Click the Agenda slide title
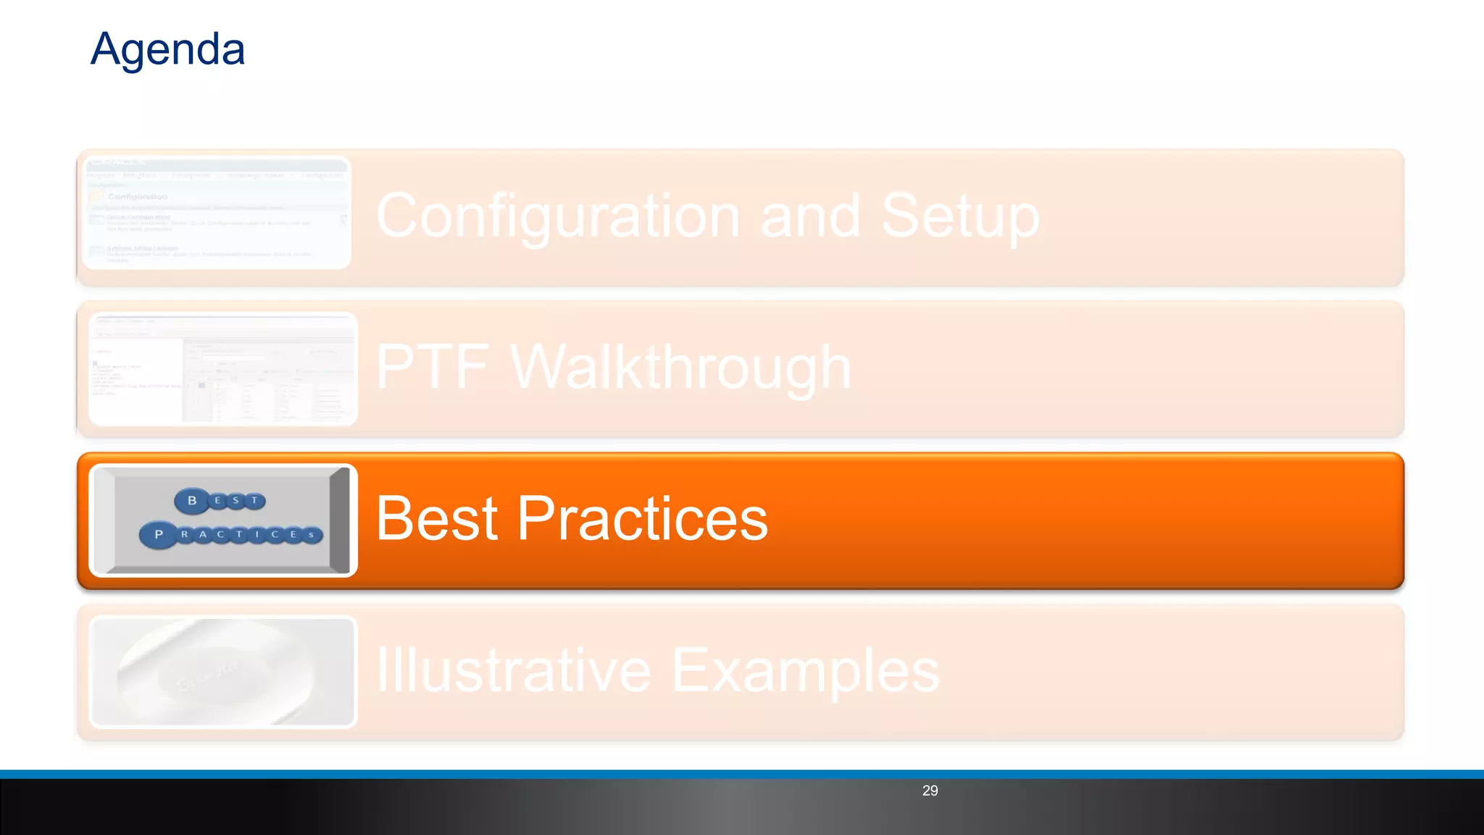(167, 49)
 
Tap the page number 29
(930, 791)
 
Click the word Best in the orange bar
(436, 519)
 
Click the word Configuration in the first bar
(558, 216)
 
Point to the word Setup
(960, 216)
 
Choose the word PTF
(433, 367)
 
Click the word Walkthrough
(681, 367)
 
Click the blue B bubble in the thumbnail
(192, 500)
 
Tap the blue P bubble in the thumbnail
(159, 534)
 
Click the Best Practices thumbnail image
(223, 520)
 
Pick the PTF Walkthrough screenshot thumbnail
(223, 369)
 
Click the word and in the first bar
(810, 216)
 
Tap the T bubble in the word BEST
(254, 500)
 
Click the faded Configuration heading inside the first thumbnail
(138, 196)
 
